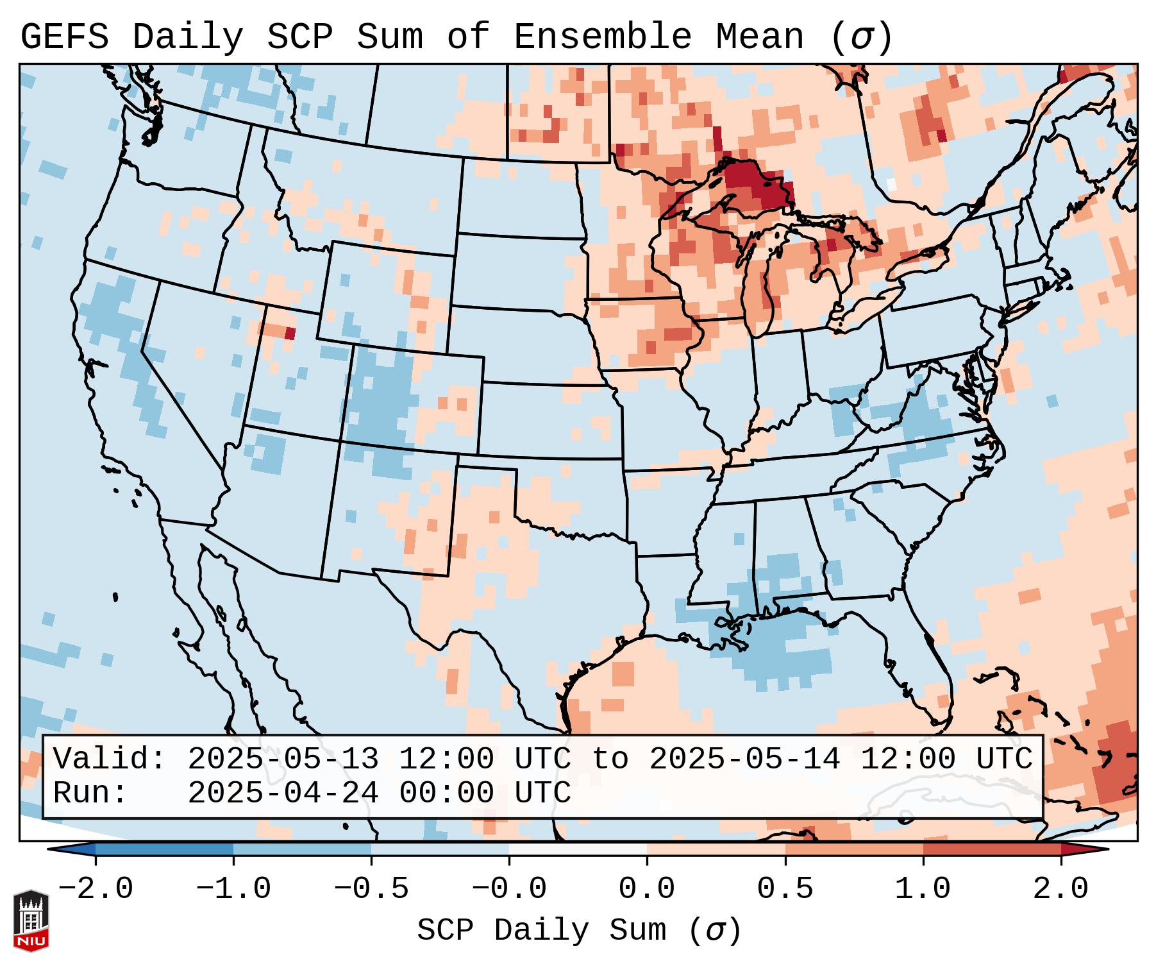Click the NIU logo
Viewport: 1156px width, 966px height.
click(31, 920)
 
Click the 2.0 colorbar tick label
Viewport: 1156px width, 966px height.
click(1060, 889)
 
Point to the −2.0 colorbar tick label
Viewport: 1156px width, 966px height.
click(96, 889)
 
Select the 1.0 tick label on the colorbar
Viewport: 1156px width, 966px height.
click(923, 889)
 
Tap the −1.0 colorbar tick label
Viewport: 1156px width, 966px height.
click(233, 889)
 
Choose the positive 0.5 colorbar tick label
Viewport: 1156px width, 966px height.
click(785, 889)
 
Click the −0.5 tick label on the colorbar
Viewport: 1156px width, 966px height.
click(371, 889)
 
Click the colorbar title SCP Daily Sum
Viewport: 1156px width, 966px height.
click(542, 930)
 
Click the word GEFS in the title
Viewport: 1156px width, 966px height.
click(64, 37)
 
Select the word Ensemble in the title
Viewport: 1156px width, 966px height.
click(602, 37)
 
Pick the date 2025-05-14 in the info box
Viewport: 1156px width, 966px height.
click(744, 759)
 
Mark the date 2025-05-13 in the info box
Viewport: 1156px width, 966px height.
click(283, 759)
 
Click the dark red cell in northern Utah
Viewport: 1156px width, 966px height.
click(290, 333)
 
